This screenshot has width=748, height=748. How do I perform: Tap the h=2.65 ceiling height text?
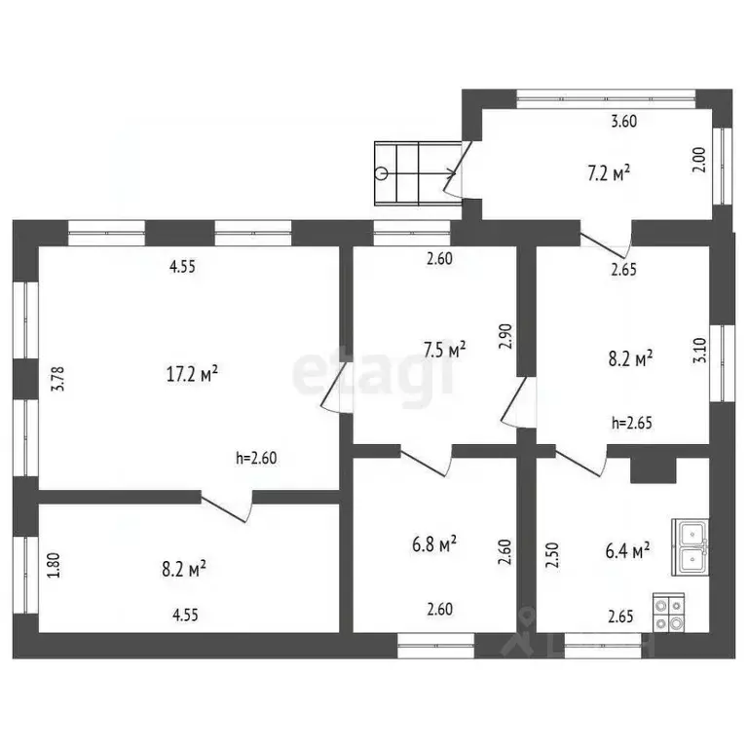(x=631, y=423)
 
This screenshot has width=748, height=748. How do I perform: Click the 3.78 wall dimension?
(x=59, y=378)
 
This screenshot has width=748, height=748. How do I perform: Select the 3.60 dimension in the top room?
(x=623, y=122)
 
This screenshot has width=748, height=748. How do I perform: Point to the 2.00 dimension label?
(x=697, y=160)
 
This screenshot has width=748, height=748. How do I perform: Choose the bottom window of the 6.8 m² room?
(x=436, y=641)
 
